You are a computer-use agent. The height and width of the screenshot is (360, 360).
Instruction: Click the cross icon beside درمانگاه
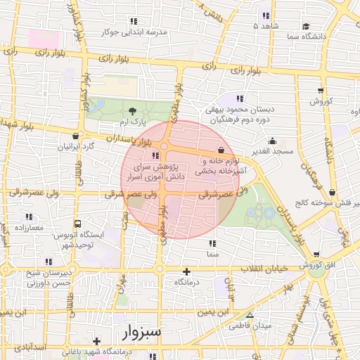[186, 271]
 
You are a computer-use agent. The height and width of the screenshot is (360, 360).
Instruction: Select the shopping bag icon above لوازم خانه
[221, 150]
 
